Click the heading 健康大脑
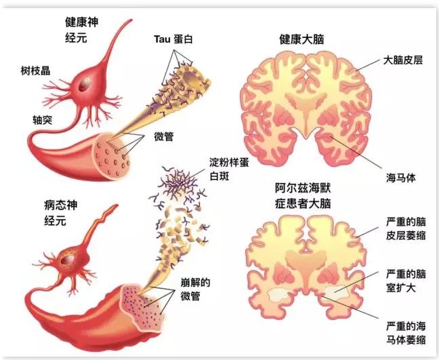[x=301, y=39]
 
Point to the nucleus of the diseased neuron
[x=68, y=258]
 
